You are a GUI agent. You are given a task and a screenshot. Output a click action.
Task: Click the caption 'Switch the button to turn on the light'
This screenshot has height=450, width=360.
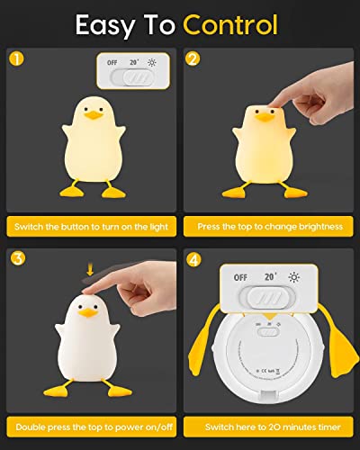(90, 227)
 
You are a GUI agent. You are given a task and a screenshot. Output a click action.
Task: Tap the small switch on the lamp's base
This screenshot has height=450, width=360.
(267, 331)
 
